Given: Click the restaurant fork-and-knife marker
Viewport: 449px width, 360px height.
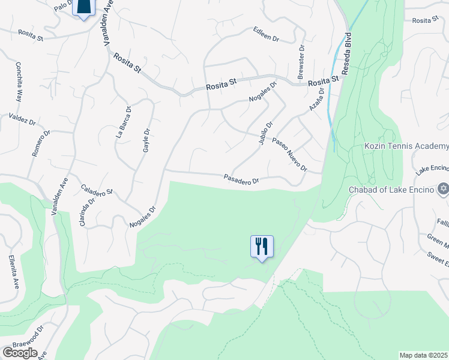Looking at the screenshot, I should click(262, 246).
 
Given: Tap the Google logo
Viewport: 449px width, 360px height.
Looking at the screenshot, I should click(20, 353).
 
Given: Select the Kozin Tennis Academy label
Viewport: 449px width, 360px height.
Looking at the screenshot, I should click(406, 146).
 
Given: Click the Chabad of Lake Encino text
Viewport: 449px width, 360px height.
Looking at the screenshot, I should click(391, 190).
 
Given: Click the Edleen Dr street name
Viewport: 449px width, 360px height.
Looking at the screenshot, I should click(267, 34).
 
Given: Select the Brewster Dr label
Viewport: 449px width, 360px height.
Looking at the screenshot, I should click(301, 61).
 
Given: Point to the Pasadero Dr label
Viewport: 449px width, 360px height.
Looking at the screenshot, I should click(241, 179).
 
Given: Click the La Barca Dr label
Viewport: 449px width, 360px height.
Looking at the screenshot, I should click(123, 122).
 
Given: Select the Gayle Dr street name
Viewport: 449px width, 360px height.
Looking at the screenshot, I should click(146, 140).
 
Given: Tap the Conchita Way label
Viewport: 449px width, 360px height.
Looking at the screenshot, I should click(19, 82).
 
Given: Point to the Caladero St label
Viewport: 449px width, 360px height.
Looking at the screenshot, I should click(97, 191).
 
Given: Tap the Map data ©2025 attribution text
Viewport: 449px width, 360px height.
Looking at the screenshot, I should click(424, 355).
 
